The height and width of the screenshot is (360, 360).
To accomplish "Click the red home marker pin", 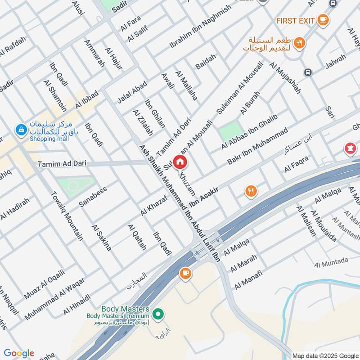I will pos(180,162).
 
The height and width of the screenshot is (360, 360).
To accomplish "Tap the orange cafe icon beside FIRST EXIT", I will pos(323,20).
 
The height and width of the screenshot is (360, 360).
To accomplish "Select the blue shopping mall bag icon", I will pos(20,130).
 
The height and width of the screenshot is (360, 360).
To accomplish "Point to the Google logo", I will pos(19,353).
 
